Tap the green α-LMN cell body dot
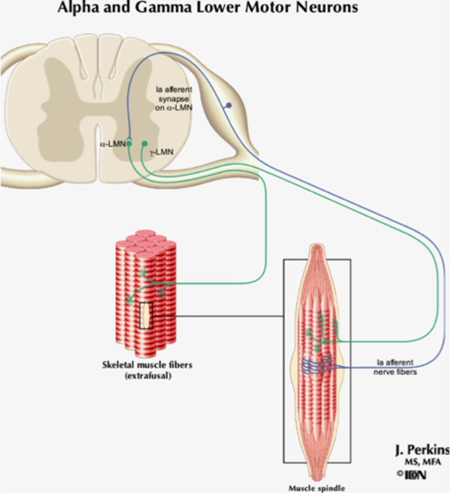tap(129, 144)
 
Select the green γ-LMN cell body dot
tap(144, 144)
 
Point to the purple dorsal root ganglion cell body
tap(229, 106)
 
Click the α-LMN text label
tap(112, 144)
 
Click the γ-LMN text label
tap(161, 152)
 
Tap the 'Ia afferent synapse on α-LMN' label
tap(174, 99)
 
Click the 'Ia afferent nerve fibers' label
tap(395, 367)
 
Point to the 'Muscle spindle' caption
tap(317, 488)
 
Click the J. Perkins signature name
tap(422, 450)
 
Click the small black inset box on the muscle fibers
tap(146, 315)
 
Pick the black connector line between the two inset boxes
tap(218, 316)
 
